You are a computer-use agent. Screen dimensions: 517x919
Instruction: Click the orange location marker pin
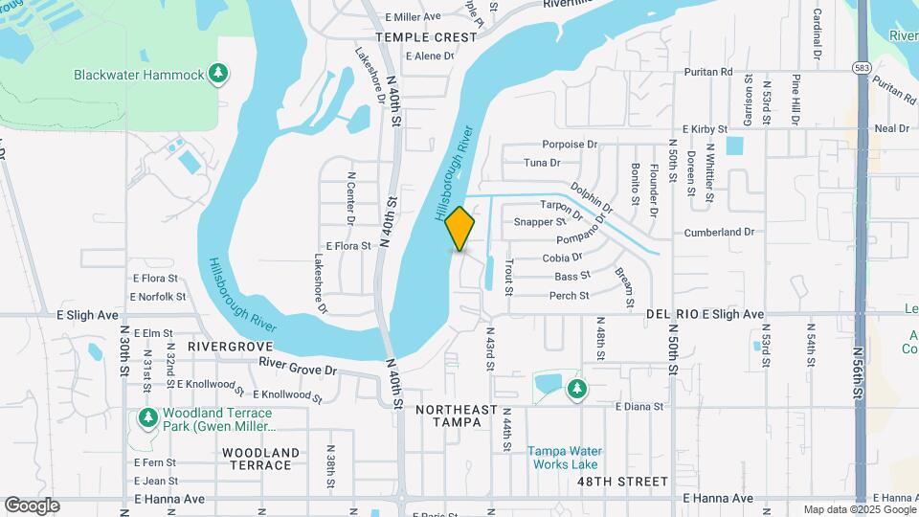pos(460,228)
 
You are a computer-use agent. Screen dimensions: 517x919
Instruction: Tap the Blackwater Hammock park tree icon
pos(219,73)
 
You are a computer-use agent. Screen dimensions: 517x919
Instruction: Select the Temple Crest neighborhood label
pos(426,37)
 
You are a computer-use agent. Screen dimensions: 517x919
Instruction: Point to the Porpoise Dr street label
pos(570,145)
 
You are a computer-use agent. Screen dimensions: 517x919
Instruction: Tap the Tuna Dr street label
pos(542,163)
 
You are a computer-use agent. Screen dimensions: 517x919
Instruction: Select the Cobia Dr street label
pos(562,258)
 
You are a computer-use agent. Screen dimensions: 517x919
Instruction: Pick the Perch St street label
pos(570,296)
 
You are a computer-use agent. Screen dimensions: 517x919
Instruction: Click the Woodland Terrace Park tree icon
pos(147,417)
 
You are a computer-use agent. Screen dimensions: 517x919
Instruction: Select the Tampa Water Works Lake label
pos(564,458)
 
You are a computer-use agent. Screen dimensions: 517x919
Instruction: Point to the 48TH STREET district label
pos(622,481)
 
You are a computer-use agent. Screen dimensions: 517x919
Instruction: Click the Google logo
pos(32,506)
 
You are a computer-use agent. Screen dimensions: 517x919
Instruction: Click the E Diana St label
pos(639,407)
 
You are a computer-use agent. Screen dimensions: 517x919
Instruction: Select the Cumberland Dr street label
pos(719,233)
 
